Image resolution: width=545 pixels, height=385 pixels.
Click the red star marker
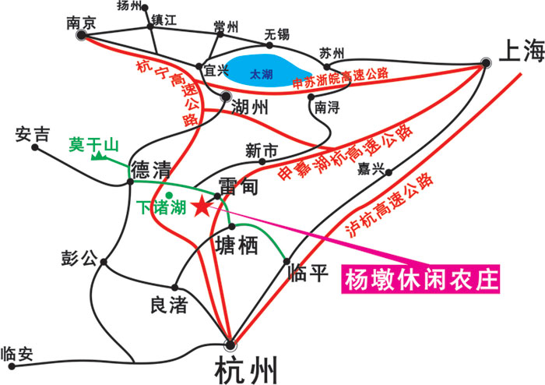(201, 207)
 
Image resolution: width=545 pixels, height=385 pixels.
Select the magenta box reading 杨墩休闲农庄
(420, 279)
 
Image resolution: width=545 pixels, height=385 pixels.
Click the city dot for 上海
(486, 63)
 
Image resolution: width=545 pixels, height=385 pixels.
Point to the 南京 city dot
(81, 35)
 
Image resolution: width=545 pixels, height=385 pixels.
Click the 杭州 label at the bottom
(246, 369)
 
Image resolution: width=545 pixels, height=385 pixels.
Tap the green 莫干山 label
(94, 145)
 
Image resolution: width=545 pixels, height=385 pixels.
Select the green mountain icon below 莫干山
(99, 156)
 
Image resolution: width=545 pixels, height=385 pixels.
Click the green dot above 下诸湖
(169, 195)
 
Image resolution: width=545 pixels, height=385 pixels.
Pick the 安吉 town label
(33, 134)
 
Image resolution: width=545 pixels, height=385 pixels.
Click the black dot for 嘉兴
(389, 172)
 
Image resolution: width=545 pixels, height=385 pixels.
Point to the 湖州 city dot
(226, 96)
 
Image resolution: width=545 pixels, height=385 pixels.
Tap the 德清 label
(151, 169)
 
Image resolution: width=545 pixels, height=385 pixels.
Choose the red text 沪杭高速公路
(389, 205)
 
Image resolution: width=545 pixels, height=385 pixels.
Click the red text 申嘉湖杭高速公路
(346, 152)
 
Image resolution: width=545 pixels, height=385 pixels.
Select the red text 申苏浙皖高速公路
(341, 78)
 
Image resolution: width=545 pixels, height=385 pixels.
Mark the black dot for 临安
(12, 366)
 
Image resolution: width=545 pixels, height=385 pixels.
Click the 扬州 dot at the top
(145, 8)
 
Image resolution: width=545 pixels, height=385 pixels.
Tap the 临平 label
(308, 273)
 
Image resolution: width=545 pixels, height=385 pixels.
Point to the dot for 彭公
(104, 262)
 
